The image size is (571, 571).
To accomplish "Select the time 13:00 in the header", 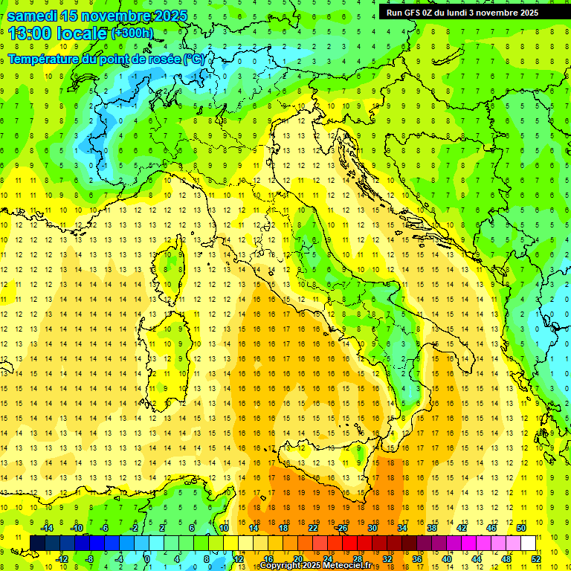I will click(30, 33).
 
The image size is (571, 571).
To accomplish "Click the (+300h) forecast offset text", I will click(132, 33).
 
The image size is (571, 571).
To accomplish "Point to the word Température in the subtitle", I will click(45, 59).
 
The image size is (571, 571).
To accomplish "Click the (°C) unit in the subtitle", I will click(194, 59).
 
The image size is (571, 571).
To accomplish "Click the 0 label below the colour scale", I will click(146, 558).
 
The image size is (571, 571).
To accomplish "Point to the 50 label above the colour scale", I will click(520, 528).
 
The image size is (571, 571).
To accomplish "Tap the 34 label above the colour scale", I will click(401, 528).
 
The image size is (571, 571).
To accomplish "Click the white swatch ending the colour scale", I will click(528, 543).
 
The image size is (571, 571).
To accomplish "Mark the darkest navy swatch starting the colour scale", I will click(37, 543).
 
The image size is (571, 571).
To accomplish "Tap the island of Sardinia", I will click(170, 349).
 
